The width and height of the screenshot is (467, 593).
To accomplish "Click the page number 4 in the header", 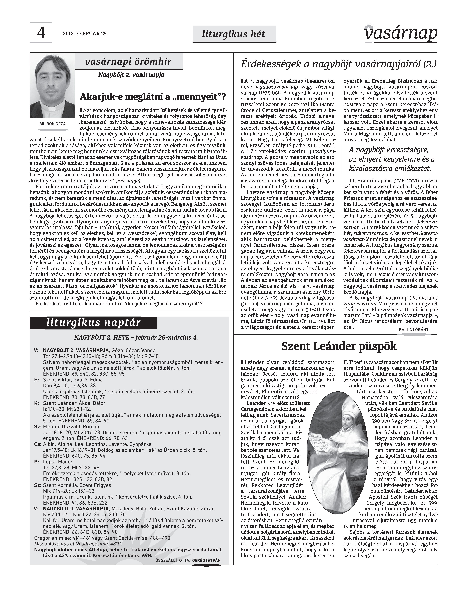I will coord(41,33).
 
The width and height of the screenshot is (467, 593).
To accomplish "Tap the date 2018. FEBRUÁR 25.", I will coord(85,34).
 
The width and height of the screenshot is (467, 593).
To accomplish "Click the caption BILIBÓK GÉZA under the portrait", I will coord(52,124).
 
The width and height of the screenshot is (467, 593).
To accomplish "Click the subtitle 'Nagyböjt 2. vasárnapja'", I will coord(131,75).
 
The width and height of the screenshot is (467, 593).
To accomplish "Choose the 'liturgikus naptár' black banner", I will coord(93,323).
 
